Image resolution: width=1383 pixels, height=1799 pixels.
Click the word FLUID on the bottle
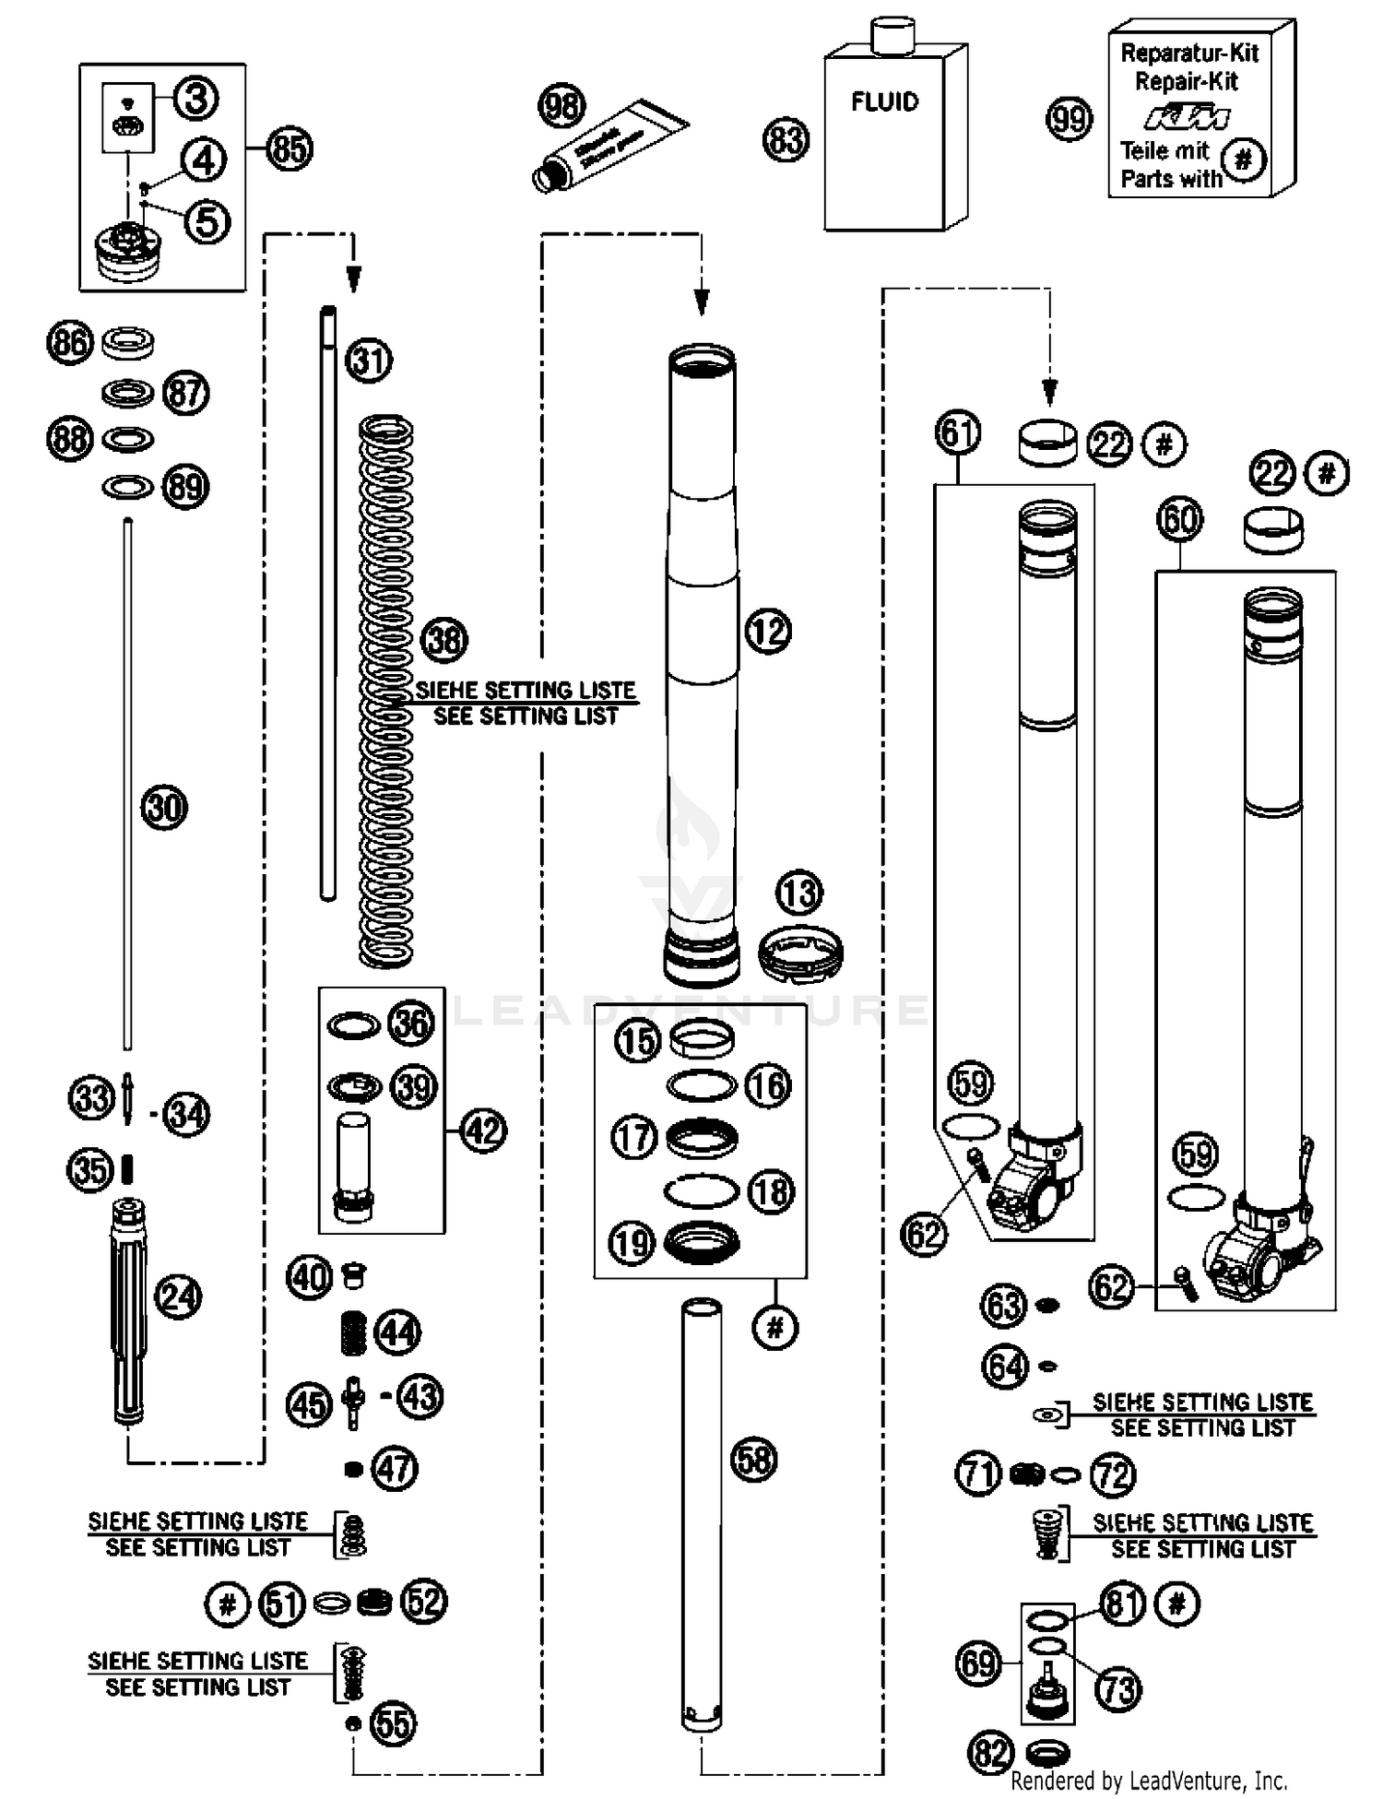point(884,101)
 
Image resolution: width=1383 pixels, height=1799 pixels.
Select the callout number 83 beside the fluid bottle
point(786,141)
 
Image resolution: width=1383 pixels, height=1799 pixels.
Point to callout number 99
point(1070,119)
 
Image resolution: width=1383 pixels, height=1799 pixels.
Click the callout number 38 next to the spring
point(444,639)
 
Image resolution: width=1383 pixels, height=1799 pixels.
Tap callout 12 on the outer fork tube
point(768,632)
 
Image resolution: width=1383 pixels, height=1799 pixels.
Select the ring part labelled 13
point(800,954)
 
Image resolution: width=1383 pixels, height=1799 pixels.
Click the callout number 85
point(290,148)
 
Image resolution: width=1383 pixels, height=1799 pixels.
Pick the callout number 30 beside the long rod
point(164,808)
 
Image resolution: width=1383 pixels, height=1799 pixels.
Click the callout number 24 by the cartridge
point(178,1297)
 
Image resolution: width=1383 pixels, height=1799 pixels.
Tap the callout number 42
point(483,1130)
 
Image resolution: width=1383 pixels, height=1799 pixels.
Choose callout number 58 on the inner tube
point(754,1460)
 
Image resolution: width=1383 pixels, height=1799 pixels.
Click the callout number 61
point(958,432)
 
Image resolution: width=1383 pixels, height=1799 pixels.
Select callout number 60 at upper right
point(1179,520)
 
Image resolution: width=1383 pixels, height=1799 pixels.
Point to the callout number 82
point(991,1753)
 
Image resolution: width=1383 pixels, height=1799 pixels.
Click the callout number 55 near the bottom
point(394,1723)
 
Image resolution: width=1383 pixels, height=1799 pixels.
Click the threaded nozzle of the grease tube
point(549,176)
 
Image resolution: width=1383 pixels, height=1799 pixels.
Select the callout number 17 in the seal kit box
point(634,1137)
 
